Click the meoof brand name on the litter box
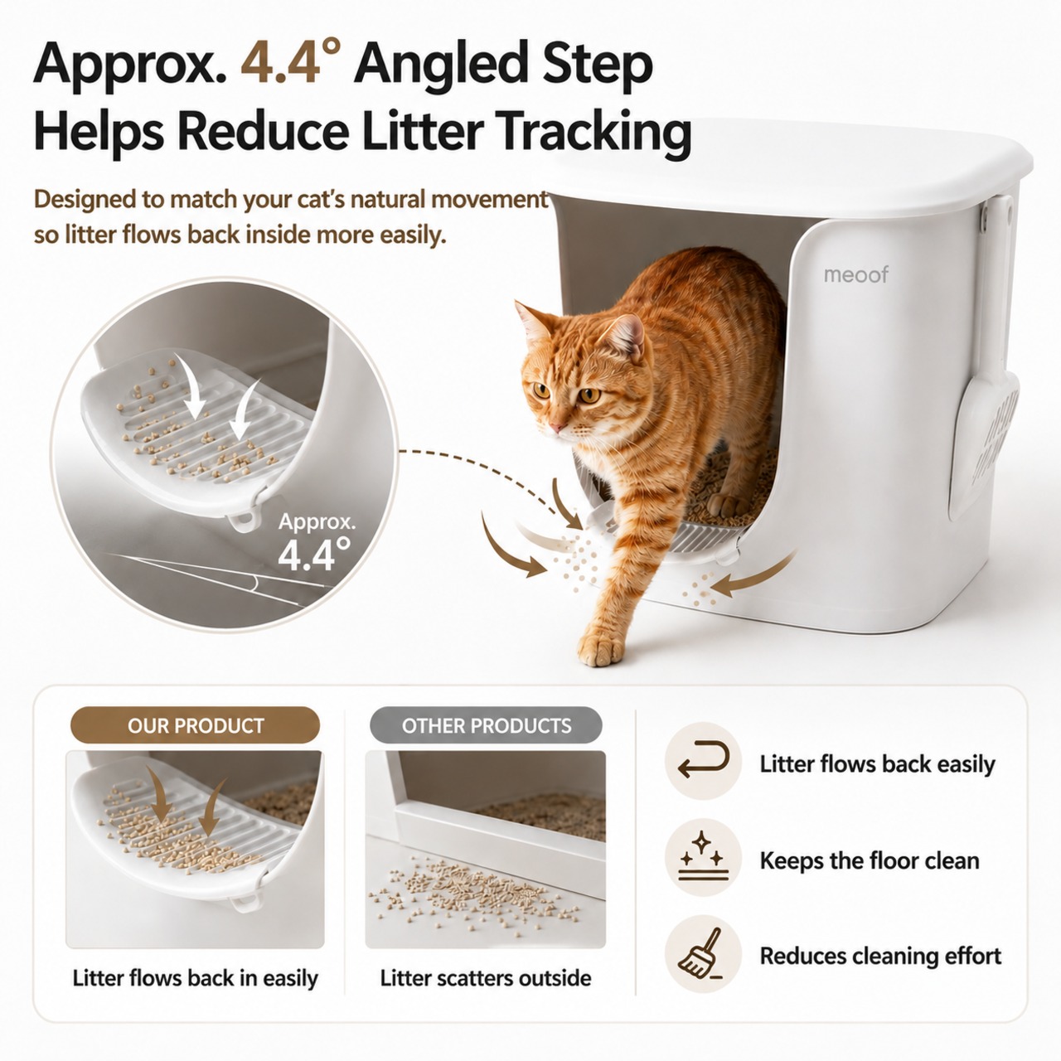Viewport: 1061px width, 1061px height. click(x=855, y=274)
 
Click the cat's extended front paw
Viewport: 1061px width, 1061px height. click(x=601, y=648)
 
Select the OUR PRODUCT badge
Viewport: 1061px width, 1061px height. click(x=195, y=725)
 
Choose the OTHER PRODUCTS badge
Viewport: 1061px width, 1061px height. click(x=487, y=725)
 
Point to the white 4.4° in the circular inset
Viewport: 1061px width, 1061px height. click(x=314, y=554)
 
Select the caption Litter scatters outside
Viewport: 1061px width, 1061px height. click(x=486, y=978)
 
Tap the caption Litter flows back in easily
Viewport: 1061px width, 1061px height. click(x=196, y=978)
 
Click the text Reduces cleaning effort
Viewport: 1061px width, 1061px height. click(x=880, y=956)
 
